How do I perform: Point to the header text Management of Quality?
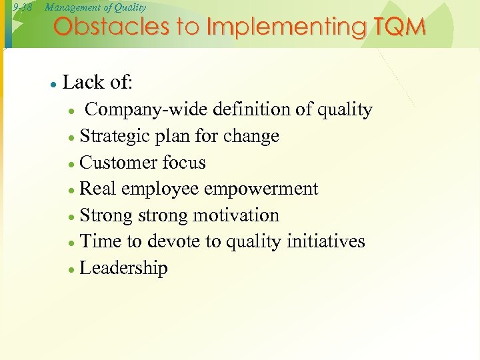click(95, 7)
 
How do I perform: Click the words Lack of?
click(97, 83)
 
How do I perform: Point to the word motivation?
click(236, 216)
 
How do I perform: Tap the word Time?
click(98, 242)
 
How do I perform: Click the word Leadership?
click(123, 269)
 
